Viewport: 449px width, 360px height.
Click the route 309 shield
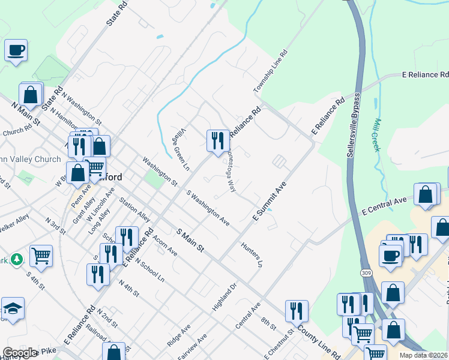[x=366, y=273]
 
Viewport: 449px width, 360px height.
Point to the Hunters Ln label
[x=252, y=254]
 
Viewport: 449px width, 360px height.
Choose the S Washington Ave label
[x=208, y=208]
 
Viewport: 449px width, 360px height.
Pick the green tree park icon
[x=17, y=259]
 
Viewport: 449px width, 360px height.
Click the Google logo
[x=19, y=353]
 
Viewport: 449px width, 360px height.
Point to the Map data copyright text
[x=423, y=355]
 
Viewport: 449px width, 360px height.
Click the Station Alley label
[x=134, y=209]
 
